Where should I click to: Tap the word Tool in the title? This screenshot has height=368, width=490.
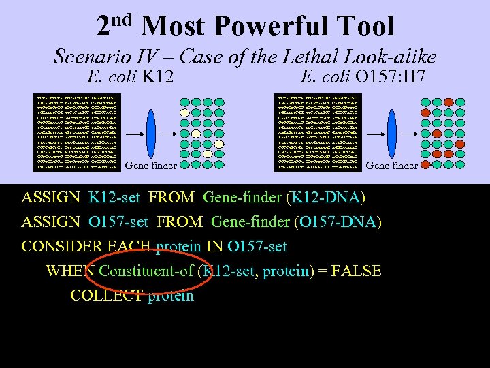coord(365,27)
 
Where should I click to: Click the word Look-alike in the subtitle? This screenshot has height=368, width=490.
coord(393,57)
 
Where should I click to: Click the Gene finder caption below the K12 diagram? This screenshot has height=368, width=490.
coord(151,165)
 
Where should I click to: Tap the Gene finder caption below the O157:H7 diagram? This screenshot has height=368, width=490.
coord(391,165)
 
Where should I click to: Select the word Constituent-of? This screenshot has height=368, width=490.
coord(146,271)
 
